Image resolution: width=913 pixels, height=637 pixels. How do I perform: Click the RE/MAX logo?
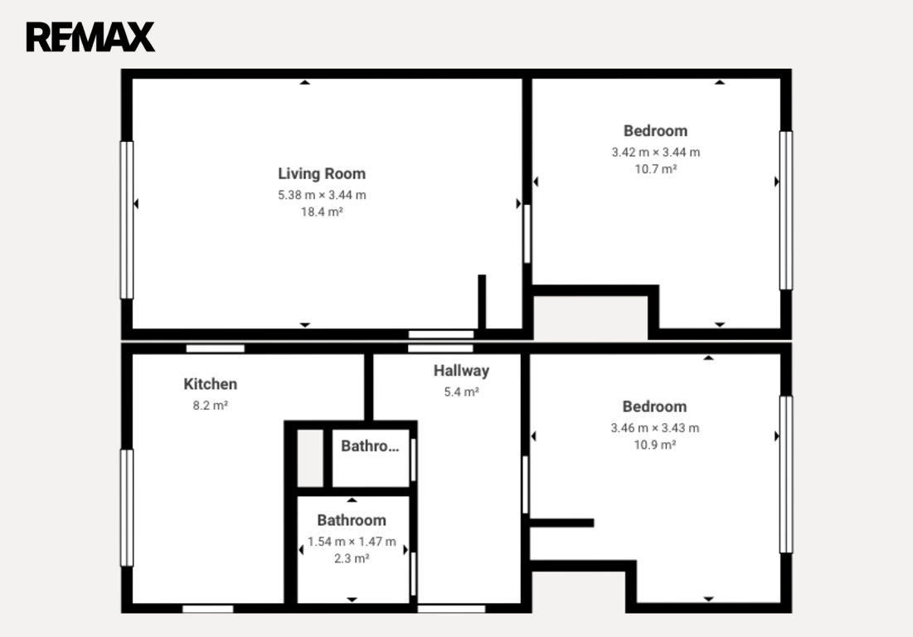[x=90, y=36]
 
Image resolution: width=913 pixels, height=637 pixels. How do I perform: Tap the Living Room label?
[x=322, y=173]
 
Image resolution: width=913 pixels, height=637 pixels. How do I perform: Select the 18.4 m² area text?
[x=322, y=212]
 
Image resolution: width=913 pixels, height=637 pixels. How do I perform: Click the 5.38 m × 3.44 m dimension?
[x=322, y=195]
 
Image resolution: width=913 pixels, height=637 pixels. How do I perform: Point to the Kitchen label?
[x=210, y=384]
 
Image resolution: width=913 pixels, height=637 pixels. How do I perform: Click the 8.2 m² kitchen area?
[x=210, y=406]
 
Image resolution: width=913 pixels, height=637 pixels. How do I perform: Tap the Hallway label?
[x=461, y=371]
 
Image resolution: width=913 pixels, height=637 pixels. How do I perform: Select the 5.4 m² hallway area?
[x=461, y=391]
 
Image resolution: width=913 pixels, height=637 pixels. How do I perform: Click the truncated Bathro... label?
[x=370, y=446]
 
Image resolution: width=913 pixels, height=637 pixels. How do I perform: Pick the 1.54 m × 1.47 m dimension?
[x=352, y=542]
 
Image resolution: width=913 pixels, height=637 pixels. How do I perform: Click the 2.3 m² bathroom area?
[x=352, y=558]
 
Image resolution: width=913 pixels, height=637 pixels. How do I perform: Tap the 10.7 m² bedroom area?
[x=656, y=169]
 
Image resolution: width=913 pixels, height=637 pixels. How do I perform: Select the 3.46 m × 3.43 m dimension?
[x=655, y=428]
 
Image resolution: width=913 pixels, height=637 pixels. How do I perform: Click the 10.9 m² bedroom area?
[x=655, y=445]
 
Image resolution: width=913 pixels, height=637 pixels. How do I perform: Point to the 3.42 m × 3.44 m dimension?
[x=656, y=152]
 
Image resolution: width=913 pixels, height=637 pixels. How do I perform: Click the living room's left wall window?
[x=126, y=220]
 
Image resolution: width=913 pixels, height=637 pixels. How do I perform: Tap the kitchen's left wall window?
[x=126, y=508]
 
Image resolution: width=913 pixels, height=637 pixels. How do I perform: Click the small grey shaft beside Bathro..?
[x=310, y=458]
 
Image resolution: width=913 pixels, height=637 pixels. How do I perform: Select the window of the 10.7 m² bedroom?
[x=786, y=210]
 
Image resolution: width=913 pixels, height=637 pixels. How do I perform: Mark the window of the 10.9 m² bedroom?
[x=786, y=474]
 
